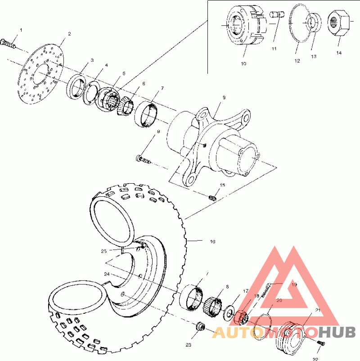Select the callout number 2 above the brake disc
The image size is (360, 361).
click(69, 34)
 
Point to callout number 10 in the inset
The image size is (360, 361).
click(243, 64)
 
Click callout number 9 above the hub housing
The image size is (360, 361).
click(224, 97)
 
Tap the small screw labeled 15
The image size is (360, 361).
click(213, 197)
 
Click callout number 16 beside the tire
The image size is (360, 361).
click(212, 242)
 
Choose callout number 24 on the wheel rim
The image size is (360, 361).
click(107, 274)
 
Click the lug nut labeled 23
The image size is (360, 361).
click(200, 326)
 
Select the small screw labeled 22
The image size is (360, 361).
click(320, 343)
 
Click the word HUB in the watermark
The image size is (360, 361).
click(338, 333)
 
